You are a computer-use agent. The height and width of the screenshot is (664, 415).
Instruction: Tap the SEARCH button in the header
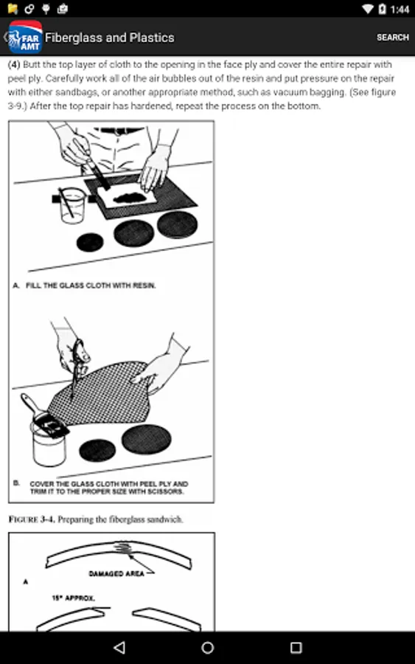click(x=393, y=38)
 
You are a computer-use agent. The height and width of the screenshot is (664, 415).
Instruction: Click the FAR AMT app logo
click(x=25, y=38)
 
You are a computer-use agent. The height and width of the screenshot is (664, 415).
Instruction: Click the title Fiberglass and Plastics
click(x=110, y=38)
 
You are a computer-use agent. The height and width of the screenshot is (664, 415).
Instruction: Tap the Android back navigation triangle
click(x=120, y=647)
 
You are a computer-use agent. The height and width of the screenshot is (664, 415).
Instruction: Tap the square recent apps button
click(x=296, y=648)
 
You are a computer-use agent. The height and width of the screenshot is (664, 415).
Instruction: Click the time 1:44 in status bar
click(x=400, y=9)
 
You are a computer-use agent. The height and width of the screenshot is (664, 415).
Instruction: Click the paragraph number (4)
click(x=14, y=64)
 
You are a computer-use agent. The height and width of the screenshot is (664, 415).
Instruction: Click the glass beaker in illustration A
click(x=72, y=205)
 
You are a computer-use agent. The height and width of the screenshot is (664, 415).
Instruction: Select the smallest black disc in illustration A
click(x=90, y=243)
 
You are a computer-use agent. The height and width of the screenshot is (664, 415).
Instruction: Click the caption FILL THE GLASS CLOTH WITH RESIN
click(x=91, y=286)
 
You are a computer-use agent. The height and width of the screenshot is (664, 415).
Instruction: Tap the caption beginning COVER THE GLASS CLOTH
click(x=108, y=488)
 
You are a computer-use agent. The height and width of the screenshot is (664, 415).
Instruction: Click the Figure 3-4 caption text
click(x=96, y=519)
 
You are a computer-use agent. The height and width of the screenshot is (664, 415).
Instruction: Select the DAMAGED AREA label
click(x=116, y=573)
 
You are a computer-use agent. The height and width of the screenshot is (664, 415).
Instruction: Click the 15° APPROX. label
click(x=73, y=598)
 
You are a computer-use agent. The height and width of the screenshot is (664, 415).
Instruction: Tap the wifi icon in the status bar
click(x=367, y=9)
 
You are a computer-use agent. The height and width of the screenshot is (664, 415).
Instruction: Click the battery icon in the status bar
click(x=382, y=9)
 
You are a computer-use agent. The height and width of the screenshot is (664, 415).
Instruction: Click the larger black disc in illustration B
click(x=147, y=439)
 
